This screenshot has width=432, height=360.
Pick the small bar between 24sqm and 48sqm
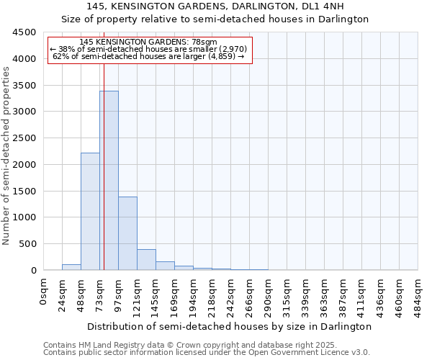tap(71, 267)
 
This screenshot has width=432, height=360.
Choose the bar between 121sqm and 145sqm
tap(146, 260)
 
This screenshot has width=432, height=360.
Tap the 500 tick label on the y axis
tap(27, 244)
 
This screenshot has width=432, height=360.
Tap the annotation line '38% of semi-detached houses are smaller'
tap(148, 49)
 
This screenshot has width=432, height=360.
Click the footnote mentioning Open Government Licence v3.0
tap(207, 353)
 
